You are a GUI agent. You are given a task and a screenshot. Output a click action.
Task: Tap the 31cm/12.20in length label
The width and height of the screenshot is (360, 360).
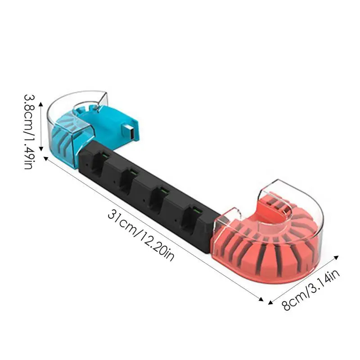tap(141, 235)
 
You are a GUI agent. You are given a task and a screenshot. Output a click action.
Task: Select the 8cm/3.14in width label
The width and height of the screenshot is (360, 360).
tap(310, 290)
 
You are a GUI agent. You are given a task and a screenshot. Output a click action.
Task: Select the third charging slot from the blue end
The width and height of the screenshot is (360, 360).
tap(159, 198)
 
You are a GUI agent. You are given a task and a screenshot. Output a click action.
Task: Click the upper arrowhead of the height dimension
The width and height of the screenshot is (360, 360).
tap(41, 104)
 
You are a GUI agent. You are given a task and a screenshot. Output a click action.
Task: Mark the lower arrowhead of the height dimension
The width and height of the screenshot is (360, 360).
tap(41, 149)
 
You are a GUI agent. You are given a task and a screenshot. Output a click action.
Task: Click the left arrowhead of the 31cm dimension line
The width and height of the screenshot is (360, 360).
tap(46, 158)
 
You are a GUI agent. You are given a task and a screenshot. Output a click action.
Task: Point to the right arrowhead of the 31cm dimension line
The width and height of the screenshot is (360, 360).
tap(261, 299)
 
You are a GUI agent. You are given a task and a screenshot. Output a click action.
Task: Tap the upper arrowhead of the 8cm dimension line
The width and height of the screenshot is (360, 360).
tap(336, 257)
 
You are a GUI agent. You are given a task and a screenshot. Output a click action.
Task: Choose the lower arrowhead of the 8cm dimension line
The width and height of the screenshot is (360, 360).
tap(271, 302)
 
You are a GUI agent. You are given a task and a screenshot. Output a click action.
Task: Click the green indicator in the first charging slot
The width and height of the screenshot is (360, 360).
tap(105, 155)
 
